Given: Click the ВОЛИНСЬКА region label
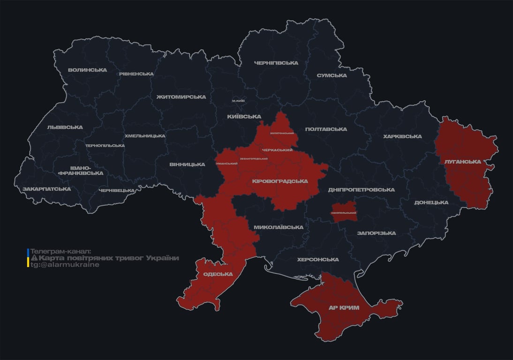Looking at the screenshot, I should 87,70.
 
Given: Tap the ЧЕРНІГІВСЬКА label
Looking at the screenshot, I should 276,63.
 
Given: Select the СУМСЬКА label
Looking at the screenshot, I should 332,75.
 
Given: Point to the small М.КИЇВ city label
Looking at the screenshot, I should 238,101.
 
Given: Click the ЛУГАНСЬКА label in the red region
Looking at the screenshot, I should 463,162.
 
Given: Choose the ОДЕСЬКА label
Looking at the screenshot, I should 218,274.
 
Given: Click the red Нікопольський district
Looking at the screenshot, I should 344,213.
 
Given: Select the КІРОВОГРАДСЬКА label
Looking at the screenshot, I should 280,181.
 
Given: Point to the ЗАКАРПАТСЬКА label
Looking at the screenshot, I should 47,189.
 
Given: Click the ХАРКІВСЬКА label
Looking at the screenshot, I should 402,136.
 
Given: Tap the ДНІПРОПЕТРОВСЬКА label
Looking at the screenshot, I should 361,190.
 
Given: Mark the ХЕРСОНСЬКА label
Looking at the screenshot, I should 318,259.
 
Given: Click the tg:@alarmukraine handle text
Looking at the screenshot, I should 65,265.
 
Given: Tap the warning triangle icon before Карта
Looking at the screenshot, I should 34,258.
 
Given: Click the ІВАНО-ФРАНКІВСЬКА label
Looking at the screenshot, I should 80,170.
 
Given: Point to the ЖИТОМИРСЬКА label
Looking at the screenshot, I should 181,97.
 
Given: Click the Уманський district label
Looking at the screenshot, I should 226,164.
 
